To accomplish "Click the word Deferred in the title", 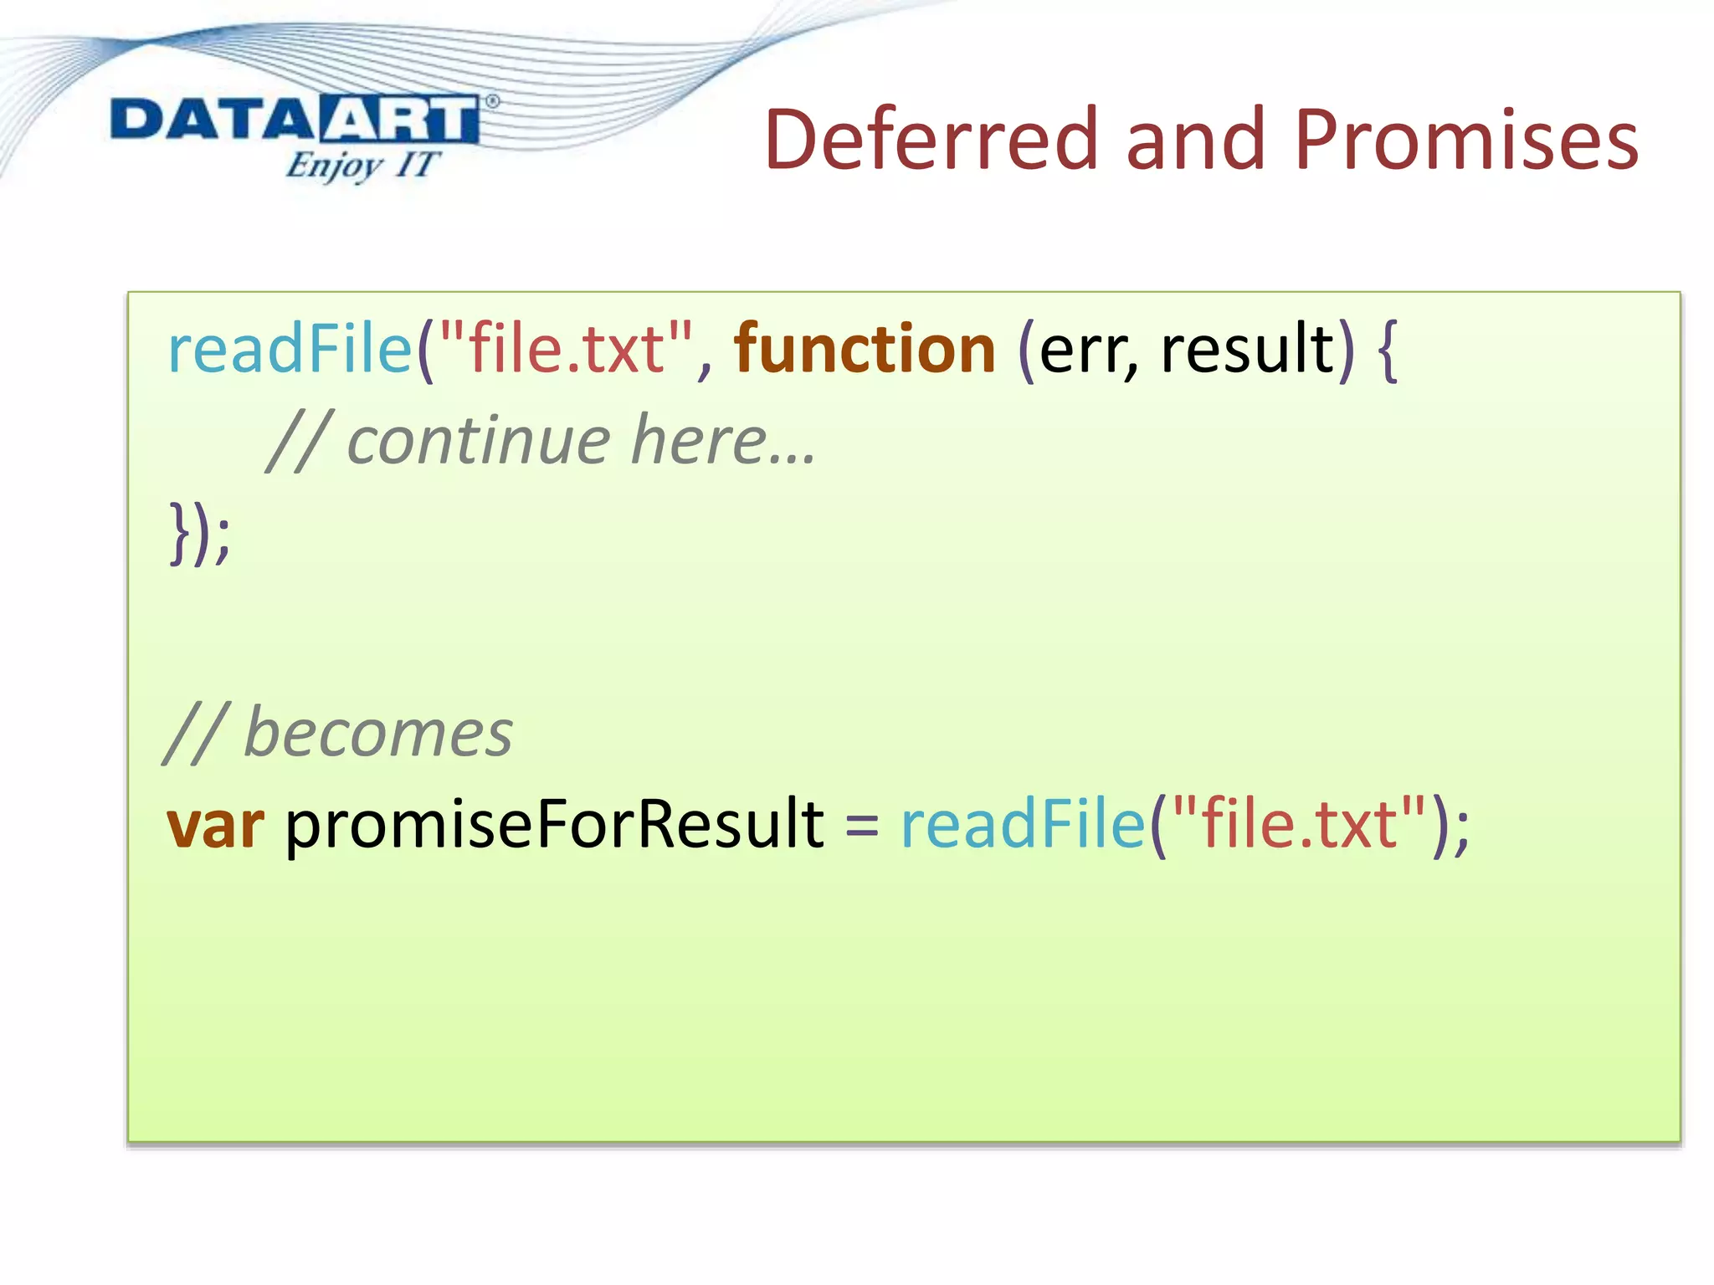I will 929,140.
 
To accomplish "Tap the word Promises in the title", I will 1465,140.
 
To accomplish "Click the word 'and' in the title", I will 1193,140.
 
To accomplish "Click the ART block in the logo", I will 398,120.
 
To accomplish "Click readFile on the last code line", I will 1022,824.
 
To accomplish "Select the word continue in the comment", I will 478,441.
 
